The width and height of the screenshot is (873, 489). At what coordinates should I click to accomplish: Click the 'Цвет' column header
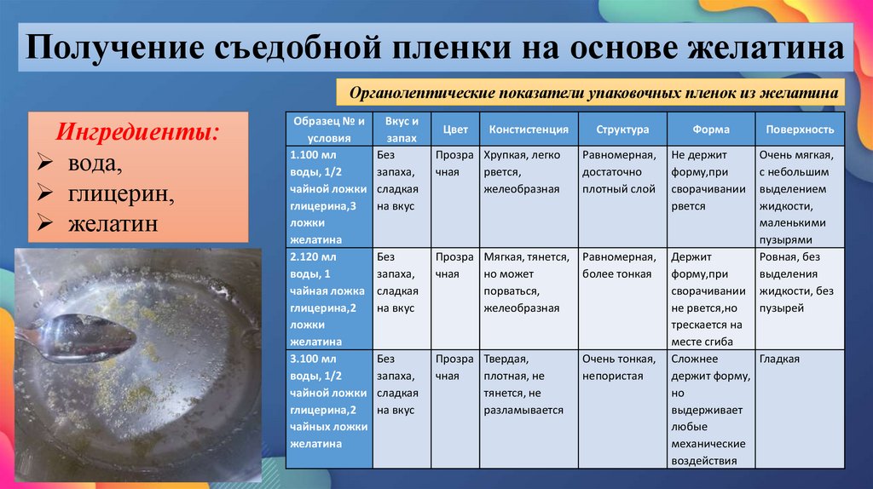tap(455, 129)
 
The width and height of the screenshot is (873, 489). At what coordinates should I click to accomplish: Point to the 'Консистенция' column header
tap(529, 129)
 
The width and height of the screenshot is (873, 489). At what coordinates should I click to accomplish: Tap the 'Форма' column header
tap(710, 129)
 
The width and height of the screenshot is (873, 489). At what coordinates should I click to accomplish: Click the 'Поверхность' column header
tap(800, 129)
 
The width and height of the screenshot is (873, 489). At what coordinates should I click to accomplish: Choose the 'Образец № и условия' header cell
tap(328, 129)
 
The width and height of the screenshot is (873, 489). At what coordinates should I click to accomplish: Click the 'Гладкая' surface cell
tap(778, 360)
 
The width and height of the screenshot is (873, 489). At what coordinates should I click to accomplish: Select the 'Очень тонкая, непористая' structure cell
tap(619, 367)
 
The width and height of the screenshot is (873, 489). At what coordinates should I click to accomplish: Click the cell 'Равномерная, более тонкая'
tap(619, 265)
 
